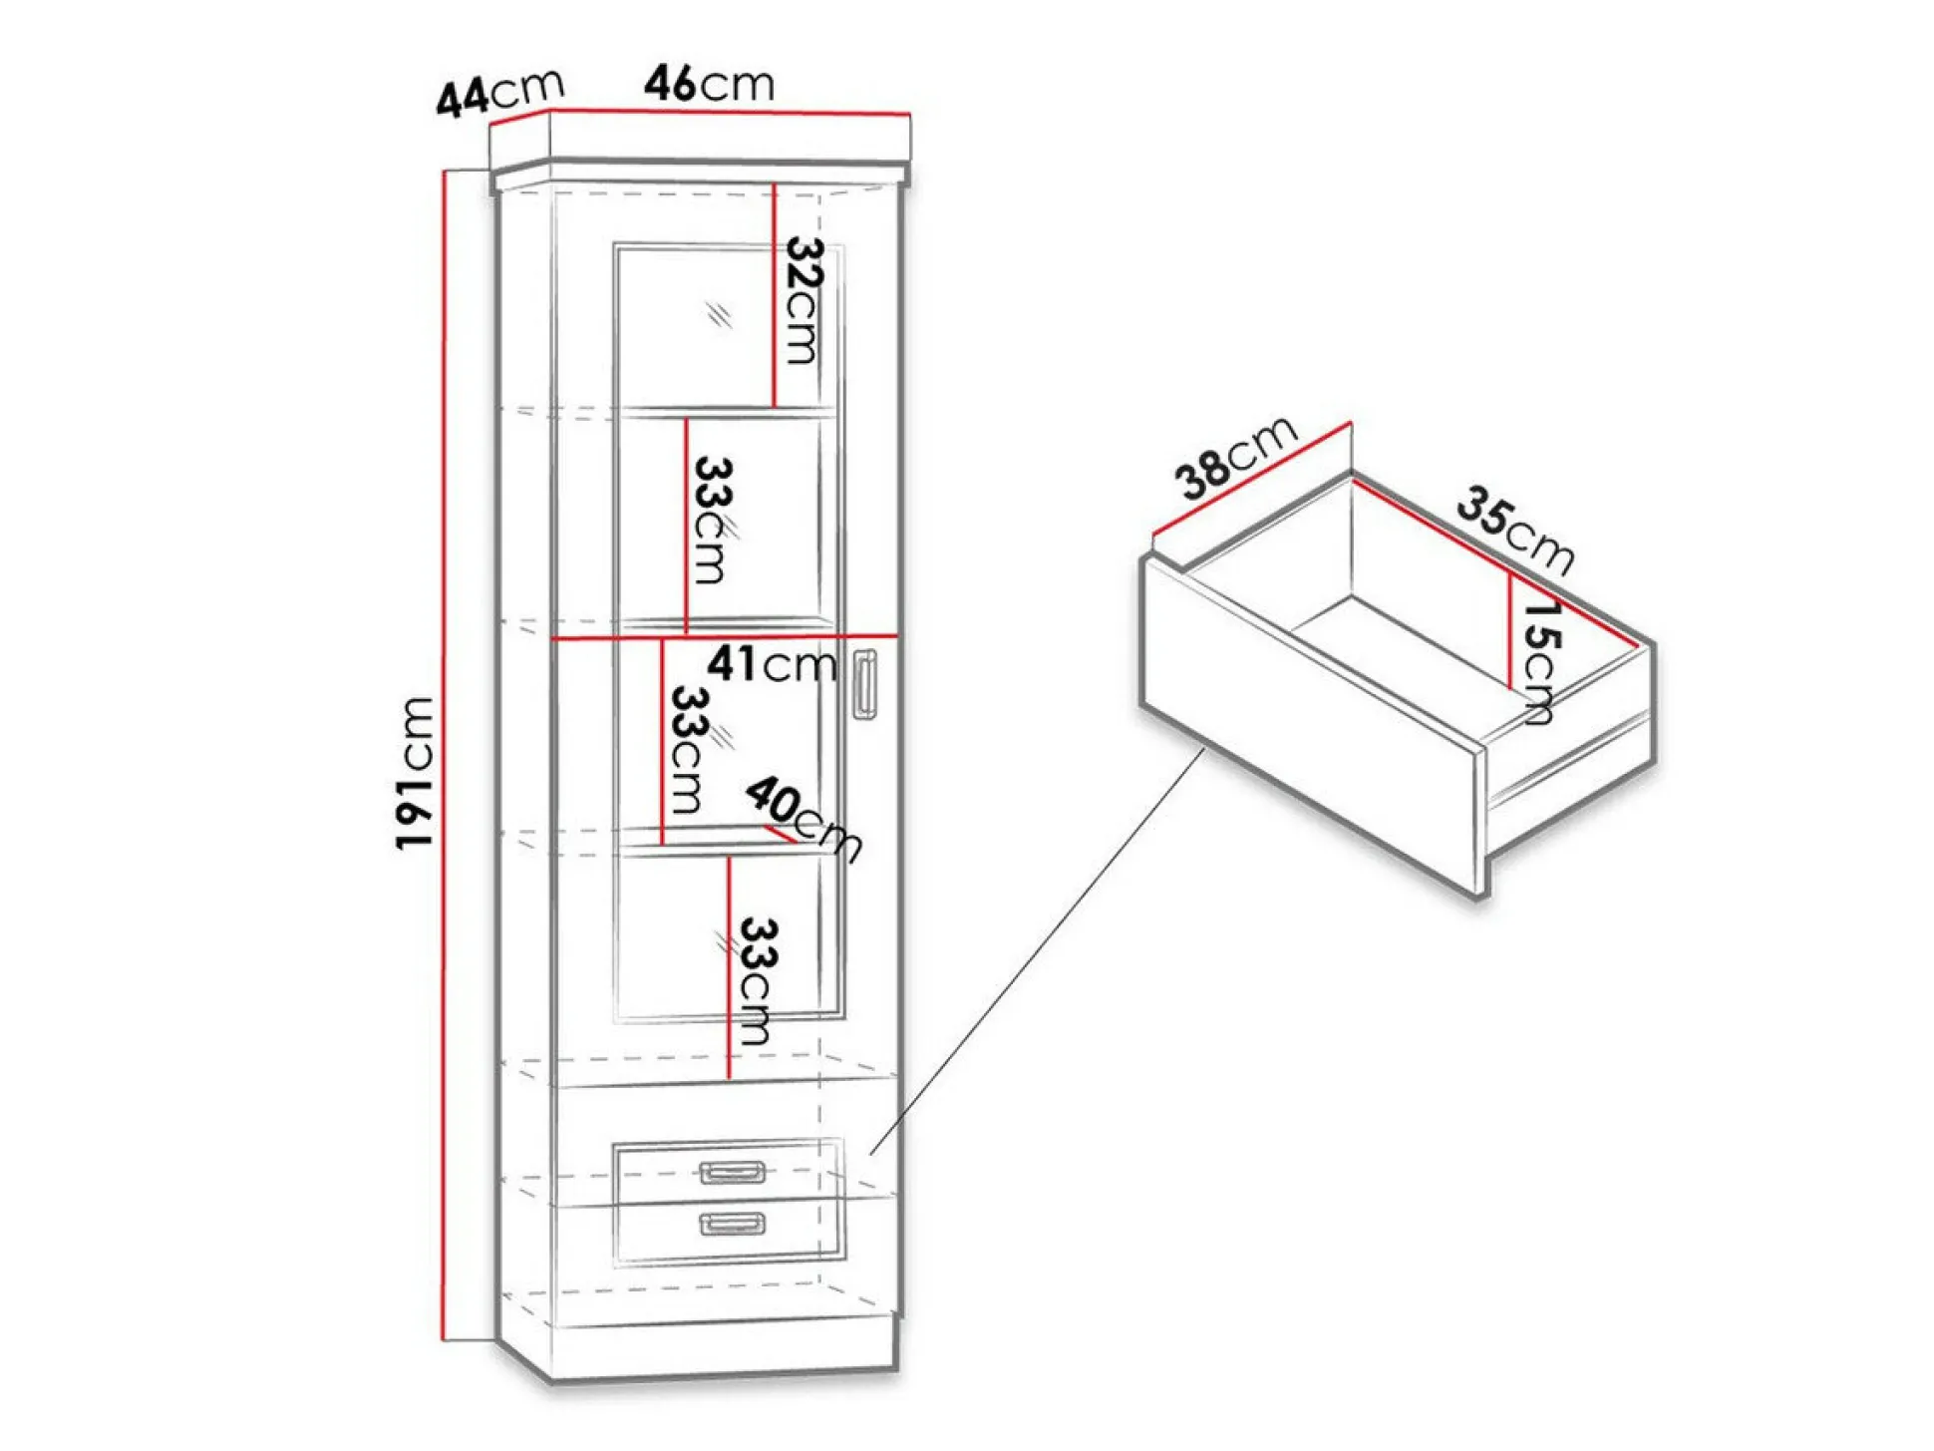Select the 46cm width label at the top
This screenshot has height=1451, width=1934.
click(709, 84)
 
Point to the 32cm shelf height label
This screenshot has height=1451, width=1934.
click(803, 299)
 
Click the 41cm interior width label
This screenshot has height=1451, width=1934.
click(772, 664)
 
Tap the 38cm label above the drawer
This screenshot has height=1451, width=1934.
click(1236, 459)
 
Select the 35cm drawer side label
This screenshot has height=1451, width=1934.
click(1515, 529)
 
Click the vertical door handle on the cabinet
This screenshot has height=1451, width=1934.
click(864, 683)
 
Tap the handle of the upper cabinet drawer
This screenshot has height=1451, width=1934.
click(733, 1172)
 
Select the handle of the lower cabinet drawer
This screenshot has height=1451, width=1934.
click(733, 1224)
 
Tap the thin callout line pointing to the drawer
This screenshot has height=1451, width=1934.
click(1037, 952)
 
